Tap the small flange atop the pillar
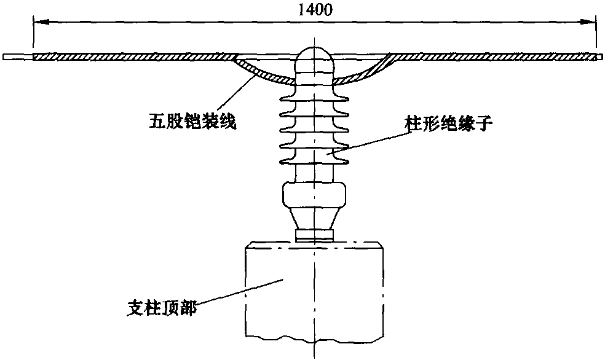tap(314, 235)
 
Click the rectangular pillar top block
tap(314, 289)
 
